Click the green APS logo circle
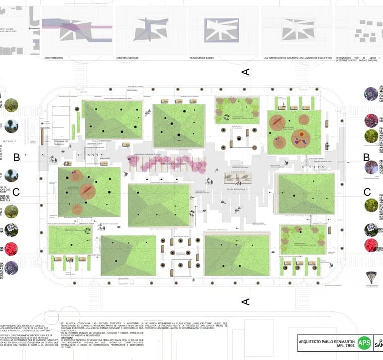(x=365, y=342)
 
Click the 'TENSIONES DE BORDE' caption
(x=201, y=58)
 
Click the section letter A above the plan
(x=245, y=72)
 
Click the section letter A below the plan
(x=245, y=301)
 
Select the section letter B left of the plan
(x=16, y=158)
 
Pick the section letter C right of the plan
(x=367, y=192)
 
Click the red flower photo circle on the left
(x=11, y=249)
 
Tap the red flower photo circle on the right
(x=371, y=245)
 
